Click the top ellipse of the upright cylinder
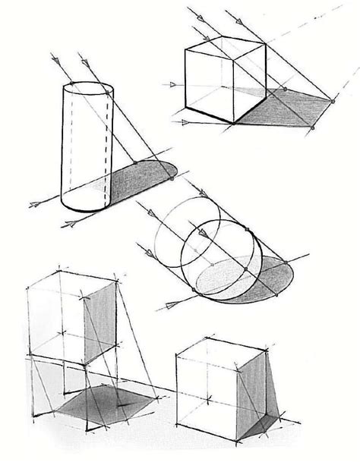(x=88, y=89)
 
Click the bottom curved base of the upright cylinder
(x=86, y=206)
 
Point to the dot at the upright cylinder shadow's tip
(x=172, y=178)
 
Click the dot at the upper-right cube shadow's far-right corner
(x=333, y=101)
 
